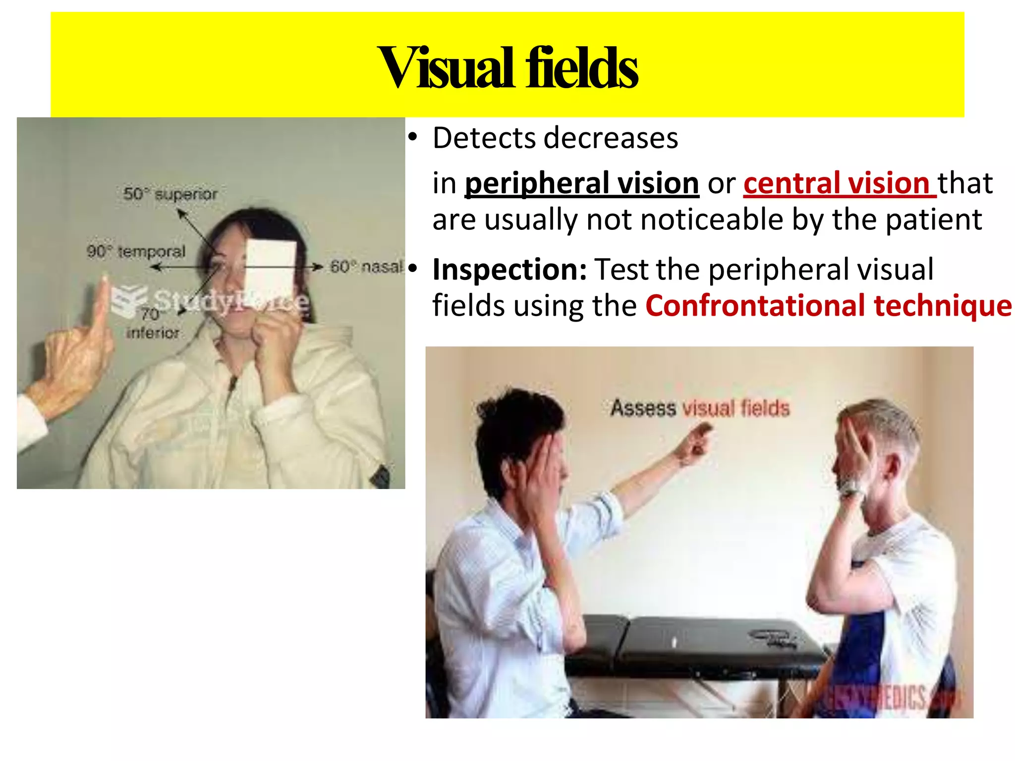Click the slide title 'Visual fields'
point(507,67)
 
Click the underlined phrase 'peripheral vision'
point(581,183)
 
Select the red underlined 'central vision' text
point(839,183)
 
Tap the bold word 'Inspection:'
point(509,270)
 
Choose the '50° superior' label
point(170,194)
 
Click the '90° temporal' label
point(136,251)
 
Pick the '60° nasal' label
point(367,267)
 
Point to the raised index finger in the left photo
point(104,302)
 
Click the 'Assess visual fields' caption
point(699,408)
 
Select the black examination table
point(694,644)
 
